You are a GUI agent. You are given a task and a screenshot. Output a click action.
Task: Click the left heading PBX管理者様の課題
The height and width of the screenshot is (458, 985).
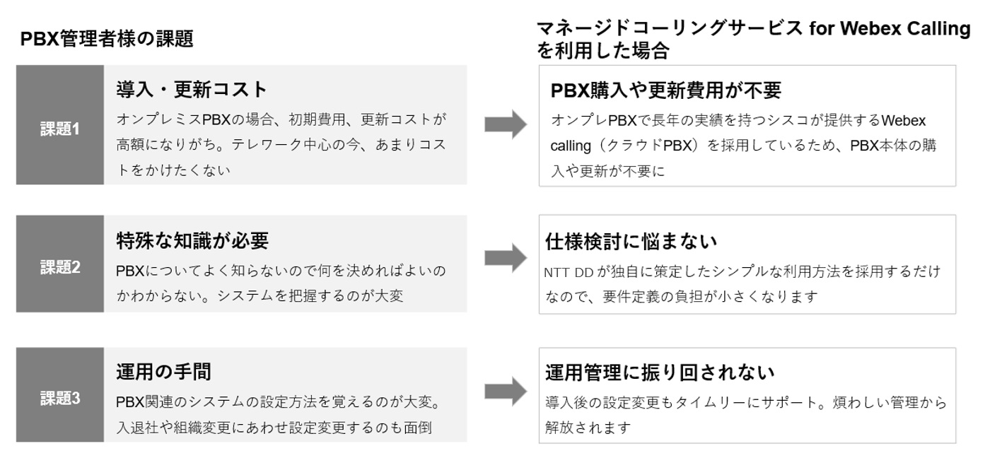pos(107,40)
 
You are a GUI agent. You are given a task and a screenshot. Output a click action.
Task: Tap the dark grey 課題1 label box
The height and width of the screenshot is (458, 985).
pos(60,129)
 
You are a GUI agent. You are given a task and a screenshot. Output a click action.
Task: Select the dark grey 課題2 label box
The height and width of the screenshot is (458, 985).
pos(60,267)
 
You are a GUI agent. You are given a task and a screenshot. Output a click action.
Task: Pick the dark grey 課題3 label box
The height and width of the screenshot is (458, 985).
pos(60,398)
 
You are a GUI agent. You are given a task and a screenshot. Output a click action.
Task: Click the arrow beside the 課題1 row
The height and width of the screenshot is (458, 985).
pos(506,124)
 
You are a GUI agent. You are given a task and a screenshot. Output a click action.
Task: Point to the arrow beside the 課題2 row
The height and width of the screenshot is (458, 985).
pos(506,259)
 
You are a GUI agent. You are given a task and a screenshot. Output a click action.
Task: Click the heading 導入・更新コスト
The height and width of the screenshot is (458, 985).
pos(192,90)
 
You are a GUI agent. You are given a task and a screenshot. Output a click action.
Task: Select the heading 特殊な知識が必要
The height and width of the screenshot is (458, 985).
pos(192,241)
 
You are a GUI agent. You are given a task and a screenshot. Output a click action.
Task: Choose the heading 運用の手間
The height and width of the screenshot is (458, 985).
pos(163,372)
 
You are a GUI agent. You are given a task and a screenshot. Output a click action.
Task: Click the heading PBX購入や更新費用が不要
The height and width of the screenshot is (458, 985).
pos(665,90)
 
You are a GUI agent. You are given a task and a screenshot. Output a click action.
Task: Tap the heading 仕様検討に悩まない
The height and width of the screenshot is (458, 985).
pos(631,242)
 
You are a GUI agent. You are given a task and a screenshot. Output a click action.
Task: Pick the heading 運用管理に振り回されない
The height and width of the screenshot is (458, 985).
pos(660,372)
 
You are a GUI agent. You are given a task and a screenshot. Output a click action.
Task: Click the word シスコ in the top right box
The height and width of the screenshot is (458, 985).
pos(768,120)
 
